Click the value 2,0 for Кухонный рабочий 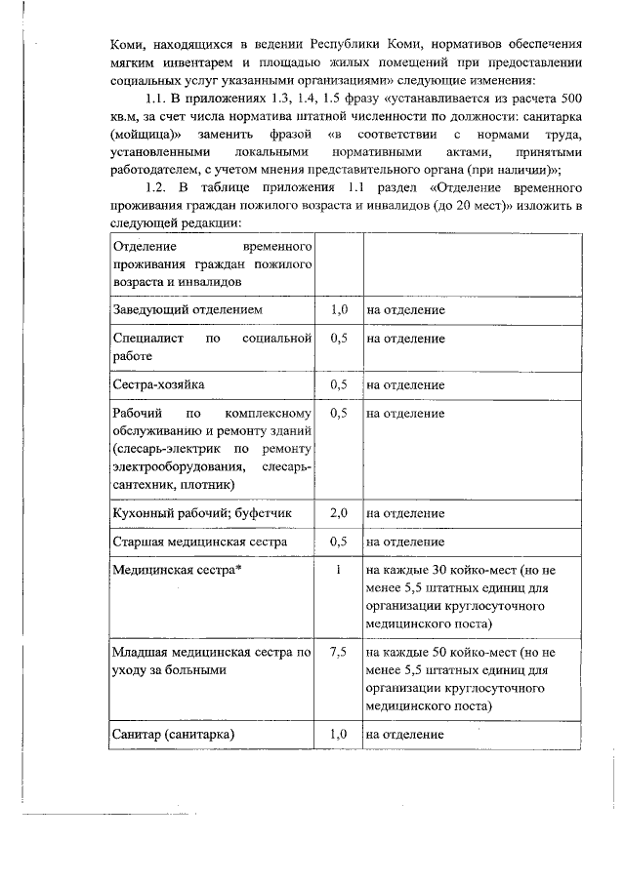pyautogui.click(x=339, y=512)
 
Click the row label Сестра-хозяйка pyautogui.click(x=158, y=384)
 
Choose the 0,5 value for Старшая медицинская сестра pyautogui.click(x=339, y=541)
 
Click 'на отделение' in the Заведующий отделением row pyautogui.click(x=406, y=309)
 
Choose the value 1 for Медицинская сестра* pyautogui.click(x=338, y=569)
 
